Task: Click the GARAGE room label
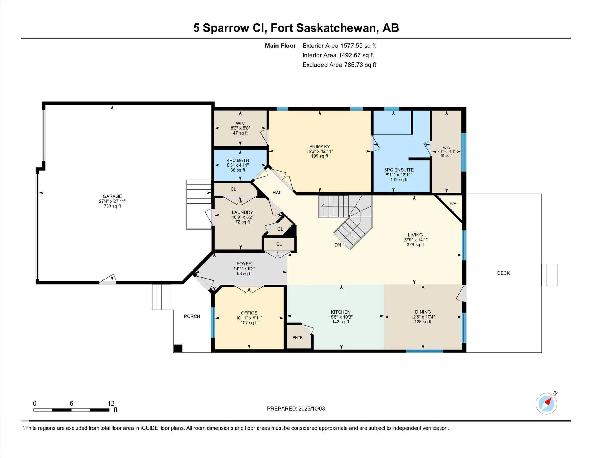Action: pyautogui.click(x=112, y=196)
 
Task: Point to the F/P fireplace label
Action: pyautogui.click(x=453, y=203)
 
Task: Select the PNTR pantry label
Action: pyautogui.click(x=297, y=337)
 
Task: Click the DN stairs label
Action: pyautogui.click(x=338, y=245)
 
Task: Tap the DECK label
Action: pyautogui.click(x=503, y=273)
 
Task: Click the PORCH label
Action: pyautogui.click(x=192, y=316)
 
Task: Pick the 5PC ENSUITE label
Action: pyautogui.click(x=399, y=170)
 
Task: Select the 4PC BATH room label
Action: pyautogui.click(x=238, y=160)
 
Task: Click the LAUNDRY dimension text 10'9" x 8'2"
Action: pyautogui.click(x=243, y=217)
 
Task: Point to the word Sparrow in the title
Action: pyautogui.click(x=225, y=28)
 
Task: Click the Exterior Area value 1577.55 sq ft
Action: pyautogui.click(x=358, y=46)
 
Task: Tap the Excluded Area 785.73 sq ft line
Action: pyautogui.click(x=339, y=65)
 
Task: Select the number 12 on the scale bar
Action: pyautogui.click(x=111, y=403)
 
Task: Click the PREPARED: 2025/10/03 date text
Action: pyautogui.click(x=296, y=409)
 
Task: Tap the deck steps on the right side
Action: pyautogui.click(x=549, y=275)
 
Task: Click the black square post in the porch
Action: pyautogui.click(x=178, y=348)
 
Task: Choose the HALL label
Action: pyautogui.click(x=278, y=193)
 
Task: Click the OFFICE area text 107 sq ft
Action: pyautogui.click(x=249, y=323)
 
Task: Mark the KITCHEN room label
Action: pyautogui.click(x=341, y=312)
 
